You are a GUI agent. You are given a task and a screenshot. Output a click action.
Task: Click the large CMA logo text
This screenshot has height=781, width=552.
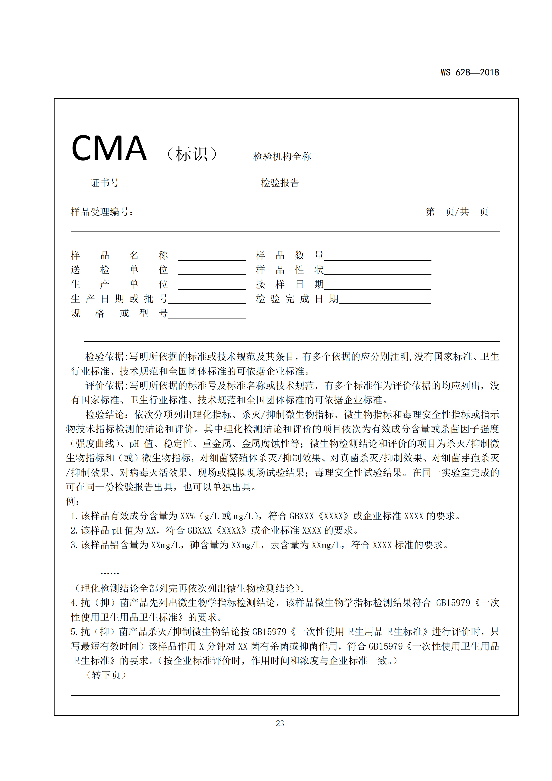[x=109, y=148]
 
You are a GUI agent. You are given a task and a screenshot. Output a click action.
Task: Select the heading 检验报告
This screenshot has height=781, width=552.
[x=280, y=183]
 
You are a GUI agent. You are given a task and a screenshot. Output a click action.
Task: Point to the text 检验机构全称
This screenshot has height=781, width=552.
[x=282, y=157]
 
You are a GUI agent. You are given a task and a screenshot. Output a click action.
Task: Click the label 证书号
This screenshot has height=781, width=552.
[x=105, y=183]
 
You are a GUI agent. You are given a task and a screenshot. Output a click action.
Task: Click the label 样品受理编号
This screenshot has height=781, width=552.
[x=102, y=212]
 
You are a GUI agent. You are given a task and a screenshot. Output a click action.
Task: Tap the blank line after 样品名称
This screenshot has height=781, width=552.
[x=212, y=258]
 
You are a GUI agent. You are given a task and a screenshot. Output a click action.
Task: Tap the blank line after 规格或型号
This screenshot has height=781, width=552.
[x=207, y=316]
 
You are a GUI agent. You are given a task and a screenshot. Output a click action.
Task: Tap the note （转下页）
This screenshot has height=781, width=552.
[x=106, y=675]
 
